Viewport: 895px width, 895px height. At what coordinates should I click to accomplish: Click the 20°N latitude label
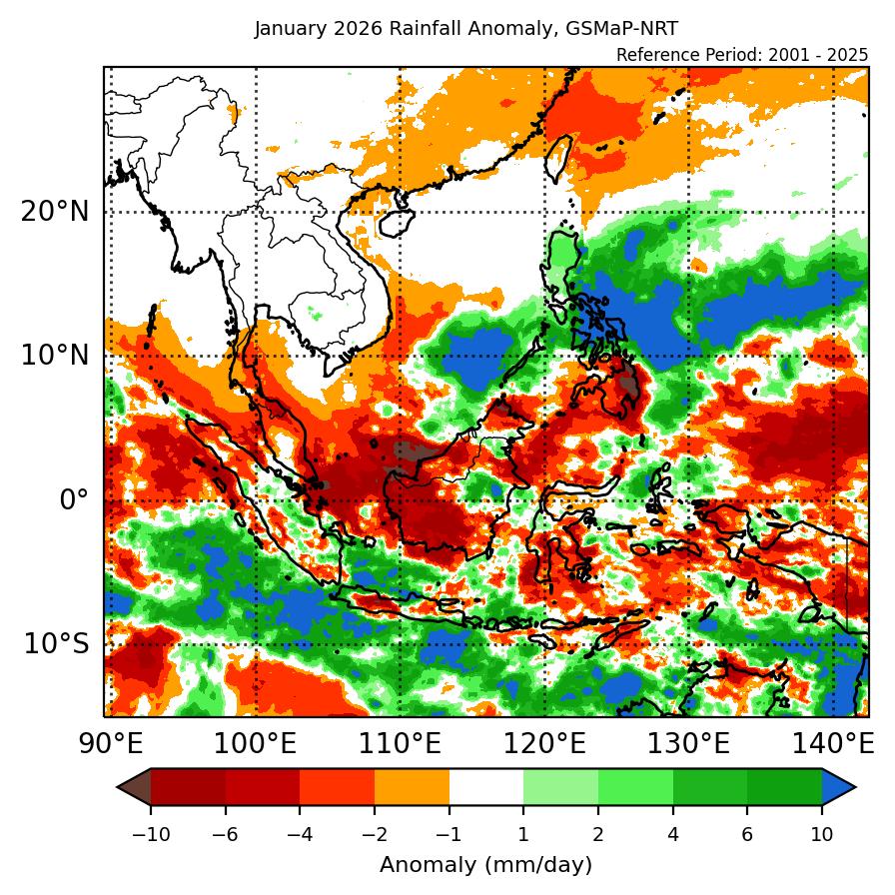54,212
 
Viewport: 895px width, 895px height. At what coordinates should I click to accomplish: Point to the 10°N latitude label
54,356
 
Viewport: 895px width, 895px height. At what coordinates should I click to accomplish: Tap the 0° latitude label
74,499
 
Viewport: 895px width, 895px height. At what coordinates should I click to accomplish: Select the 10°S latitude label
56,643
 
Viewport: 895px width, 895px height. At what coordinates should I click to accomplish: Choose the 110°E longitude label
401,744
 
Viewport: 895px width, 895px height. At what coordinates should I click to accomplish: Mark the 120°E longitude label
544,744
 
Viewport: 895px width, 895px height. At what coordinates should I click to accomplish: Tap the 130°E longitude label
688,744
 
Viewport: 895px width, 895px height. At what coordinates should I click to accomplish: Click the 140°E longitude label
832,744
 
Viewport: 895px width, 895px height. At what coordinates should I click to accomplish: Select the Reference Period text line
742,54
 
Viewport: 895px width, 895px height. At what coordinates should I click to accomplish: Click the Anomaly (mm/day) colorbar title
485,865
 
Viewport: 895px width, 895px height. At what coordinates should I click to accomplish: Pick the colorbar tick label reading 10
822,833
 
